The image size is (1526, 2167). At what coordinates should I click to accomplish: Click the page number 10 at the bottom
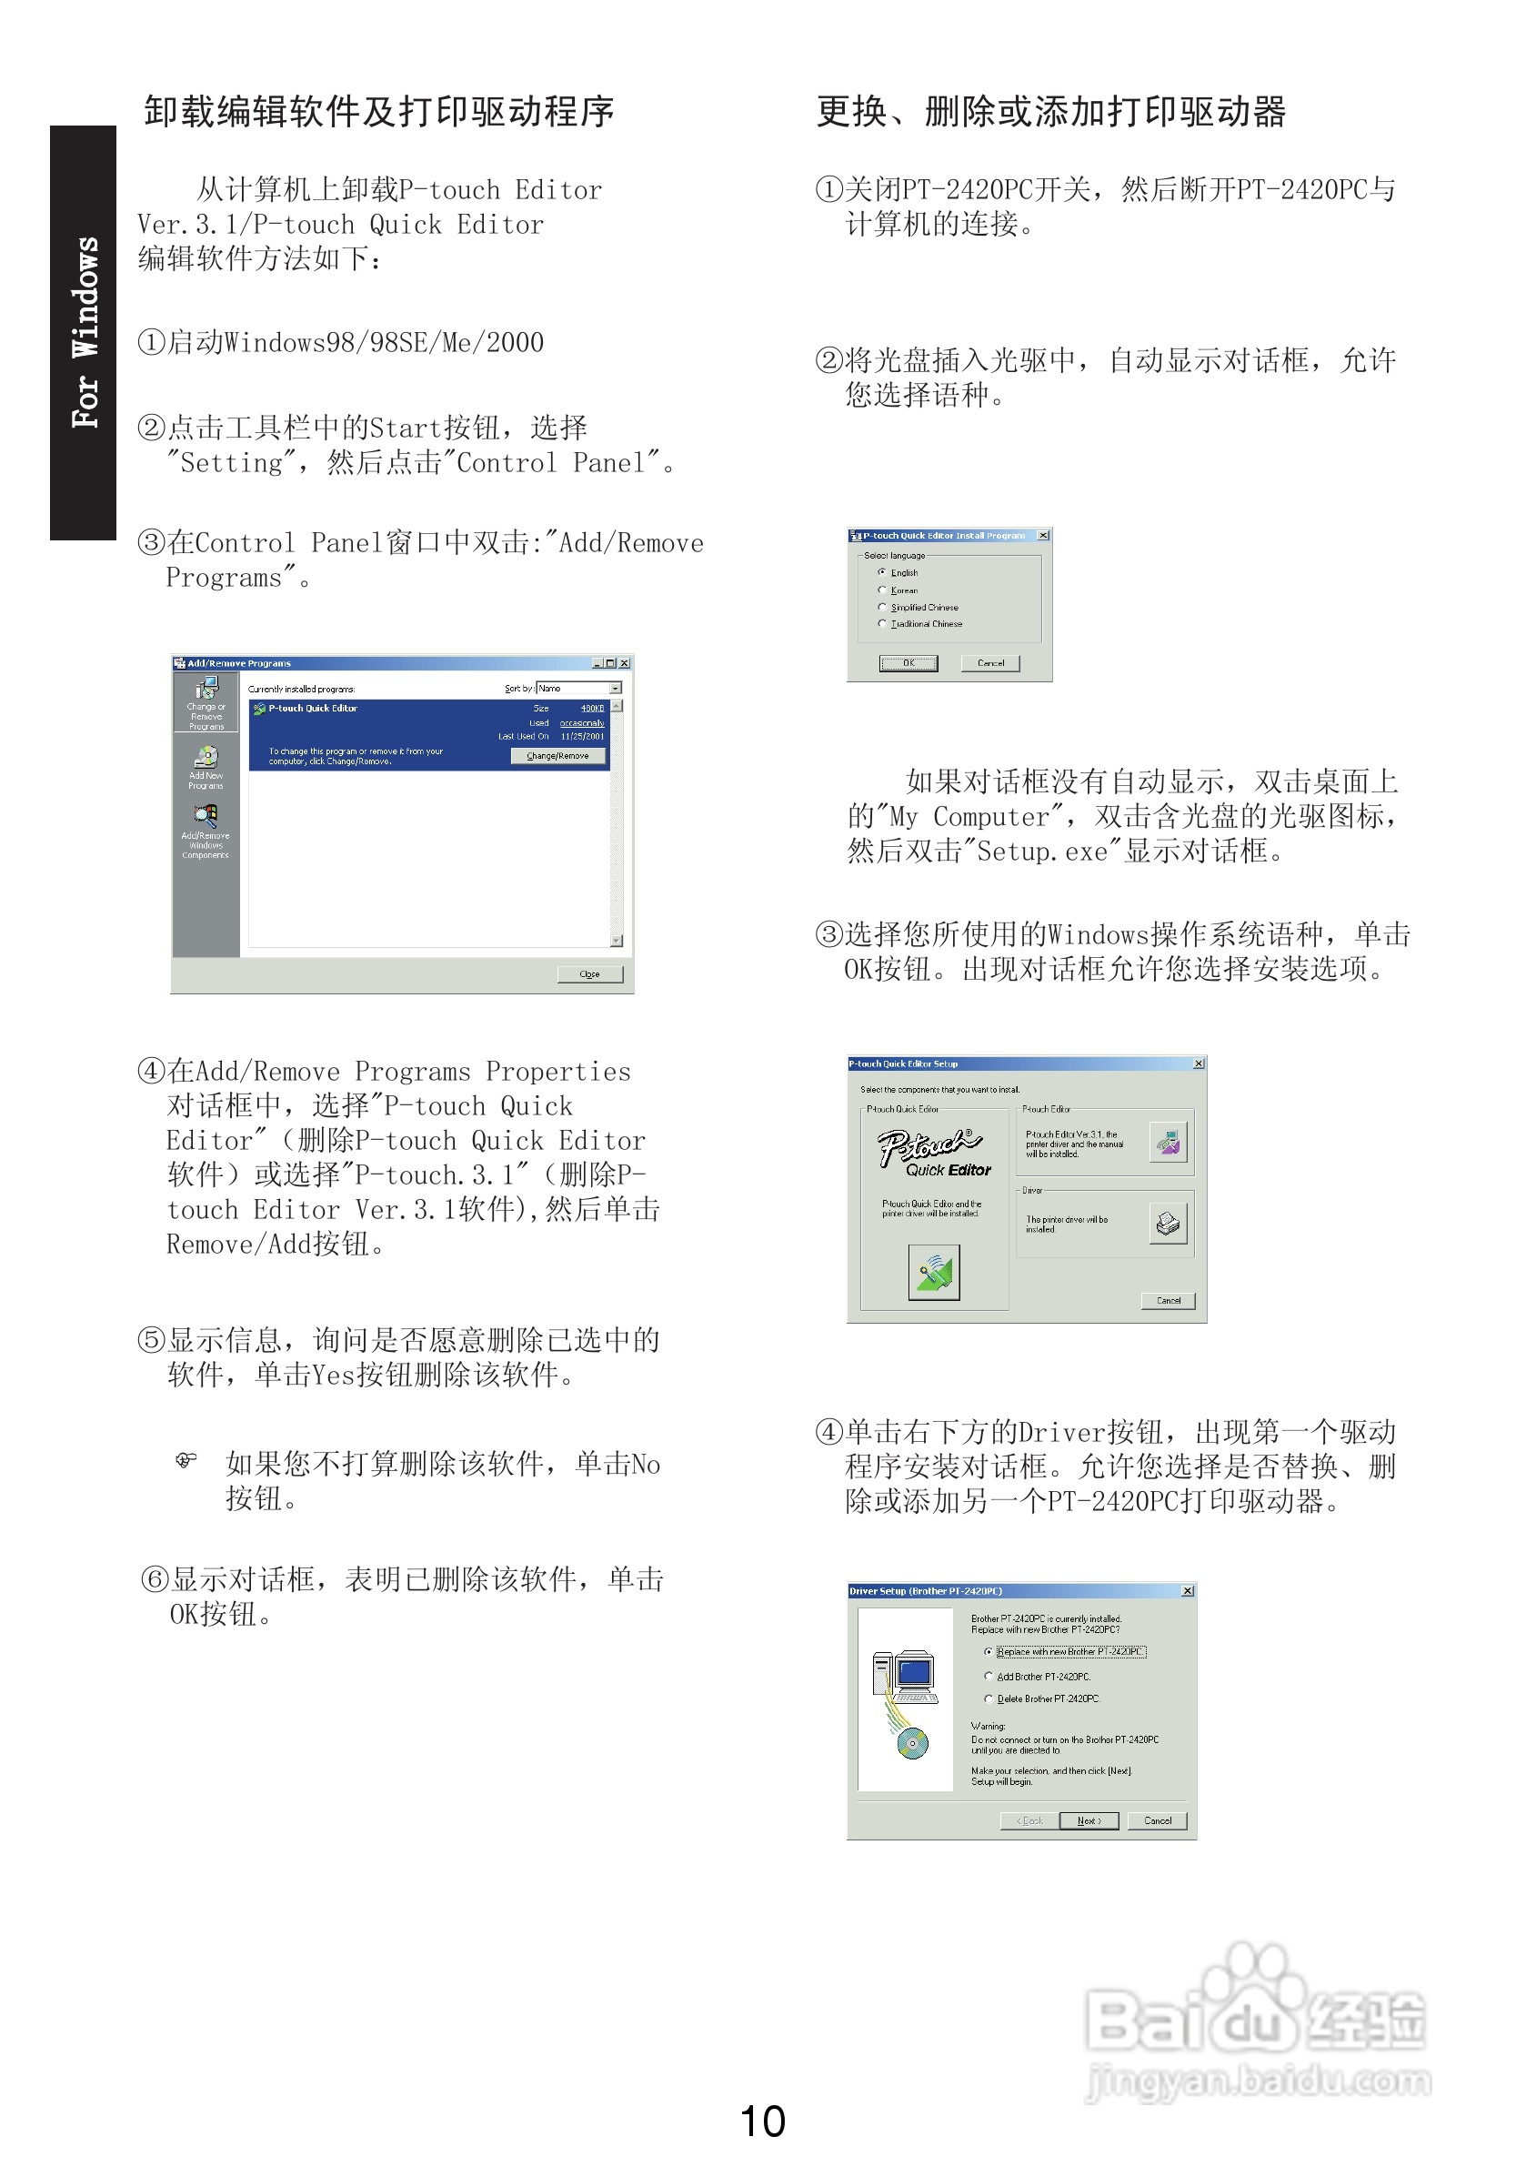click(761, 2121)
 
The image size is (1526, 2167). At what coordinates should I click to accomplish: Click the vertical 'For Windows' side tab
click(84, 332)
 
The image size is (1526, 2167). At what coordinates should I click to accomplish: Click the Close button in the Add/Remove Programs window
click(590, 974)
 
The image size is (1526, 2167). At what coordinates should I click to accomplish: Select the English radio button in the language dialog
click(881, 572)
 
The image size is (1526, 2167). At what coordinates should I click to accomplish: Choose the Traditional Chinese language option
click(881, 624)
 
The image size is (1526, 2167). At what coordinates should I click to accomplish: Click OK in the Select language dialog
click(908, 663)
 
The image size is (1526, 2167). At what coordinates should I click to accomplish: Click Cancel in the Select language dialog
click(990, 663)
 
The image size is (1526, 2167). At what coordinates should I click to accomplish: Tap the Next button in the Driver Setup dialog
click(1088, 1820)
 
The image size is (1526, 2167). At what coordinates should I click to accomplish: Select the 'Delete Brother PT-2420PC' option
click(988, 1698)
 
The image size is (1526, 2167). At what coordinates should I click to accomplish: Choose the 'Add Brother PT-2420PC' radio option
click(988, 1677)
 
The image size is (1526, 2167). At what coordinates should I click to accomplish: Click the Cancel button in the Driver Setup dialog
click(1157, 1820)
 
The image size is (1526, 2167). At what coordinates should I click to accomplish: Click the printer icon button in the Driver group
click(1169, 1225)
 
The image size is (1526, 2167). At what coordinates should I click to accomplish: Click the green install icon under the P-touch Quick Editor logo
click(933, 1272)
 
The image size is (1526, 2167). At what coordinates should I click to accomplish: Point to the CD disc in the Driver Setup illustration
click(911, 1742)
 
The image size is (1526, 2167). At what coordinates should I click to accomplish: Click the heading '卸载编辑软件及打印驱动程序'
click(378, 112)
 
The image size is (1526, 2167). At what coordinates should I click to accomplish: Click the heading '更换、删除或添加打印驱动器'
click(1050, 112)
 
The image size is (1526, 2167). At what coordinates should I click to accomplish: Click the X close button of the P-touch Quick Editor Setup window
click(1199, 1063)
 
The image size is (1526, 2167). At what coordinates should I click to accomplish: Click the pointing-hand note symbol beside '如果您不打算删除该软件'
click(186, 1461)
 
